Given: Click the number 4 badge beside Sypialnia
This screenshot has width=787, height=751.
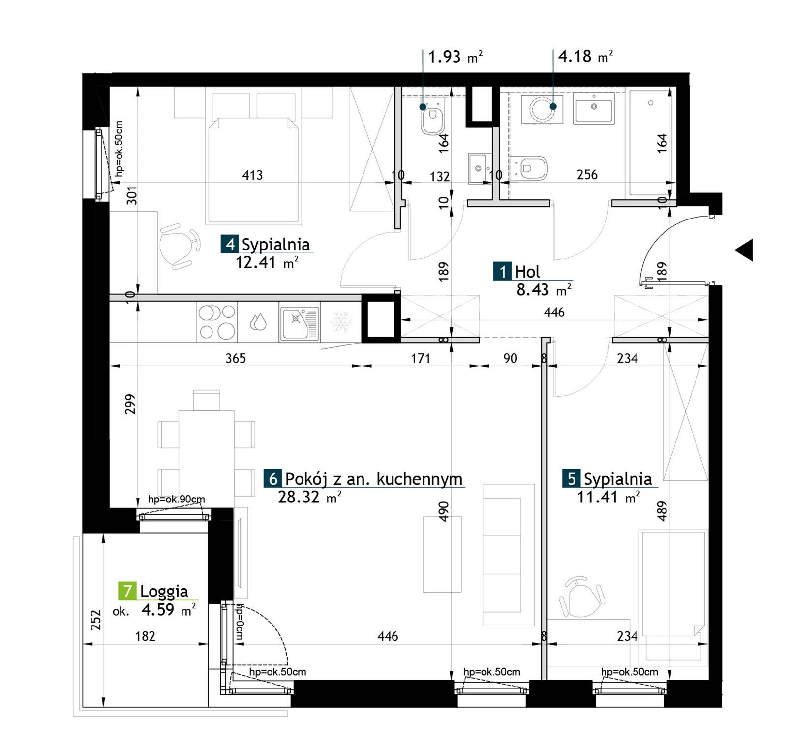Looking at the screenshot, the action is pyautogui.click(x=230, y=244).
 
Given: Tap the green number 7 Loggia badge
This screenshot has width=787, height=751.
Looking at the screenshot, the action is pyautogui.click(x=127, y=591).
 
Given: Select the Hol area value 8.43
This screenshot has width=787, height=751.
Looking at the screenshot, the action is pyautogui.click(x=532, y=289).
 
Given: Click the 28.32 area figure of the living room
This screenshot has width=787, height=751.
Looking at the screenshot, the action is pyautogui.click(x=299, y=497).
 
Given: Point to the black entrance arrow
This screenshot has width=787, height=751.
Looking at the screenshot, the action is pyautogui.click(x=744, y=250).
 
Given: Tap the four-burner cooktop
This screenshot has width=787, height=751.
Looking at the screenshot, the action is pyautogui.click(x=216, y=322).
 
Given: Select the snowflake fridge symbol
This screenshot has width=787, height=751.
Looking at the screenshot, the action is pyautogui.click(x=339, y=322).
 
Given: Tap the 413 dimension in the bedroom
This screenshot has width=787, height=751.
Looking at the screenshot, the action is pyautogui.click(x=252, y=175).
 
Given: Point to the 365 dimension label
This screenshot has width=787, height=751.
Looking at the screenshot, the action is pyautogui.click(x=236, y=358).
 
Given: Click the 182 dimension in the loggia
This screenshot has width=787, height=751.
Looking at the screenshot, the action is pyautogui.click(x=145, y=636).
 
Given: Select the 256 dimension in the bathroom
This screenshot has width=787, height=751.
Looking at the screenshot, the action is pyautogui.click(x=587, y=175).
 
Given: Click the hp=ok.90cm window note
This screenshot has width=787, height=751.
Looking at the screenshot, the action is pyautogui.click(x=176, y=499).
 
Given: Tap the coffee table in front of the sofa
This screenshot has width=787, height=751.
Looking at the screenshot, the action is pyautogui.click(x=442, y=554).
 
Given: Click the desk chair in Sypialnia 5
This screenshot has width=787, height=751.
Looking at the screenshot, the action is pyautogui.click(x=580, y=597).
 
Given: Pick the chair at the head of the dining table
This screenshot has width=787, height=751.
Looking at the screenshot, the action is pyautogui.click(x=207, y=400).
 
